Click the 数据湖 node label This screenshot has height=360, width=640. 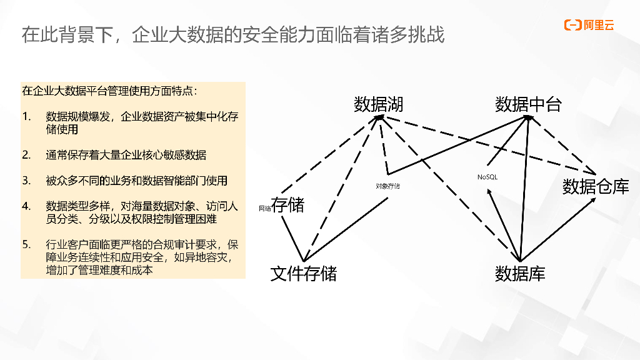(x=379, y=104)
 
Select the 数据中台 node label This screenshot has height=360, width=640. (x=528, y=104)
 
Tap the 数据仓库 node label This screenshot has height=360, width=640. (x=596, y=186)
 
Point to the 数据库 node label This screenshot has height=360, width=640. (x=520, y=274)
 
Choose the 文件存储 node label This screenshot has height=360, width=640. (x=303, y=274)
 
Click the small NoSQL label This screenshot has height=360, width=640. (x=487, y=177)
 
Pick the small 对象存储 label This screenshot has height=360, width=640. (x=387, y=186)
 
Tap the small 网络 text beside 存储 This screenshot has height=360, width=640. (x=264, y=208)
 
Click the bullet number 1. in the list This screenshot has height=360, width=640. (x=26, y=117)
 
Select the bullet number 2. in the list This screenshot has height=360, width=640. (x=26, y=155)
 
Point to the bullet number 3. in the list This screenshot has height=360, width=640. (x=26, y=181)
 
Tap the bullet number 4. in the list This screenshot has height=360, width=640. (x=26, y=206)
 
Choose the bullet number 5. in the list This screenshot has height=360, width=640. (x=26, y=244)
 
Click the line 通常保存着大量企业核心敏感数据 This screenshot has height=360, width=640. (x=126, y=155)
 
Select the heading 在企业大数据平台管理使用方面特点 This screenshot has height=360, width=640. (x=109, y=91)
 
